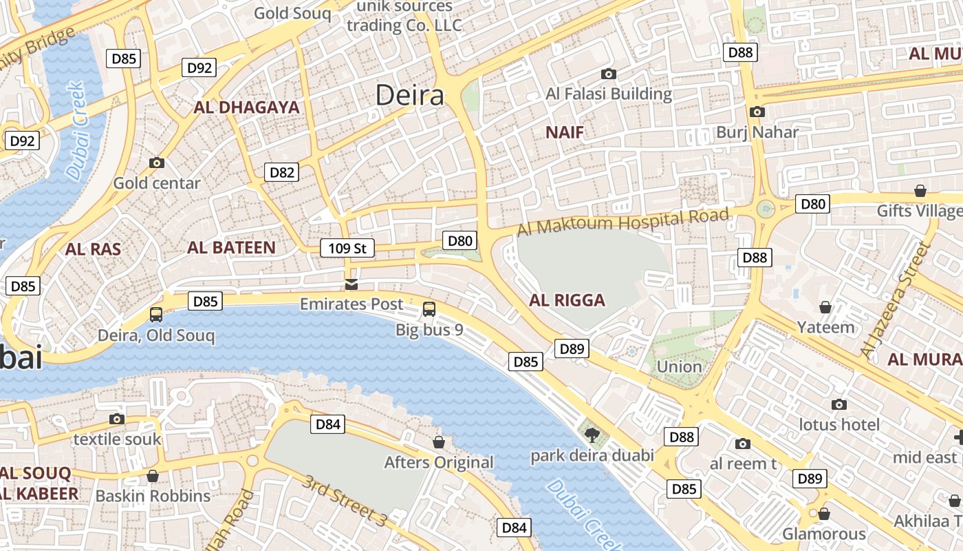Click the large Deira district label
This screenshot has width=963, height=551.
click(410, 96)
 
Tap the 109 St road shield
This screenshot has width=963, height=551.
click(347, 248)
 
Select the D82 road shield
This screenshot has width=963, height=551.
click(281, 172)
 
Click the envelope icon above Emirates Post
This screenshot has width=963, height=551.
click(351, 284)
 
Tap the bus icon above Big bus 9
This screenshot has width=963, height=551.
click(429, 309)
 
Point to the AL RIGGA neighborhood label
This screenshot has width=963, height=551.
click(567, 300)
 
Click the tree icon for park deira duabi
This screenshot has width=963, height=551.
click(591, 435)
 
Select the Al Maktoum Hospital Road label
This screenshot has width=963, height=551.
click(623, 222)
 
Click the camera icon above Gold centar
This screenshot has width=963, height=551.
click(157, 163)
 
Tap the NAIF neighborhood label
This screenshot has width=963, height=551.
click(564, 133)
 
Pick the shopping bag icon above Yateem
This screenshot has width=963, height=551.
click(825, 307)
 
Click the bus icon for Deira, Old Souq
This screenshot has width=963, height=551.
click(156, 315)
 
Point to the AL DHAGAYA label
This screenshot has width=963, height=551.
click(246, 107)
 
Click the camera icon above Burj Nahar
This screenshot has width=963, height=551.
click(757, 112)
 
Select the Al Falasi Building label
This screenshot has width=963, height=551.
click(608, 94)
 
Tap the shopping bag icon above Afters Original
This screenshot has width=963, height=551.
click(438, 442)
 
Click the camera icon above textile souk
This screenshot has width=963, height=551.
click(117, 419)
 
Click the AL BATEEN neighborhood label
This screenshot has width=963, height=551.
click(231, 248)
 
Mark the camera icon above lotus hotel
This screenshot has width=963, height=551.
click(838, 405)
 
